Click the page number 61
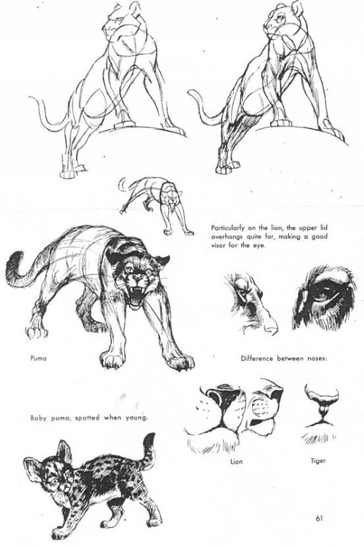point(319,518)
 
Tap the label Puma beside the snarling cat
point(38,358)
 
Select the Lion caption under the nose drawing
point(237,462)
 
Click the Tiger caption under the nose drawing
point(318,461)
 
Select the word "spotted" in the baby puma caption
point(89,418)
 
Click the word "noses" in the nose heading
point(316,358)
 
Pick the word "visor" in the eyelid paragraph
point(219,245)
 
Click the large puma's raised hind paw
point(36,332)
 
